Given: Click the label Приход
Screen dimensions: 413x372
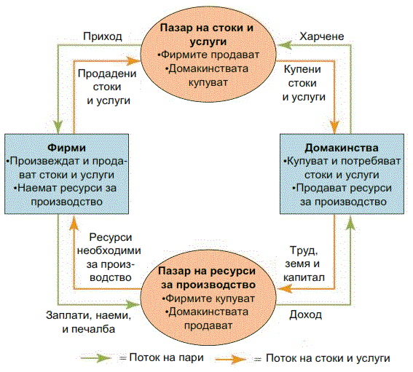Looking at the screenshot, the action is pos(103,37).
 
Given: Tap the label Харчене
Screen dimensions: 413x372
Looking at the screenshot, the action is pos(322,36).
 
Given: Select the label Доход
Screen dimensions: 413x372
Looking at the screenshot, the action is pos(305,315).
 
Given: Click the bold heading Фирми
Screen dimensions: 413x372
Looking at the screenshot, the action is pos(66,148).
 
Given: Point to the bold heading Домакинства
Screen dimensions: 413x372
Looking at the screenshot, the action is pos(342,148).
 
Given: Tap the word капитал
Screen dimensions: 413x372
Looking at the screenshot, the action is pos(304,277).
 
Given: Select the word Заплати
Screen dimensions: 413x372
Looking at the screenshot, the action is pos(68,315).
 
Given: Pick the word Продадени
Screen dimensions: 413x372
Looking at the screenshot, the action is pos(107,74).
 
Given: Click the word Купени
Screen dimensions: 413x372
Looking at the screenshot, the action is pos(302,69).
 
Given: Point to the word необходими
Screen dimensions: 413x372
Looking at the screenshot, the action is pos(109,250).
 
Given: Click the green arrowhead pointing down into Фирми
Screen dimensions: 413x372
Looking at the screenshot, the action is pos(58,127).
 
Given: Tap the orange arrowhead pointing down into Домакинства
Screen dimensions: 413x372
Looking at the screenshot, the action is pos(335,127).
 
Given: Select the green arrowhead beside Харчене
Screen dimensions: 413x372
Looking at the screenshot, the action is pos(285,45).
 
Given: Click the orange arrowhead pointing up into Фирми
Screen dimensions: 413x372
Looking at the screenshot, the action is pos(74,223).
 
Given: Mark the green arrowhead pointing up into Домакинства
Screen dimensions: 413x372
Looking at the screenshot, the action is pos(350,223).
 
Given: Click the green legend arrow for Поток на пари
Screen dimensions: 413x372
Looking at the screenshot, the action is pos(96,358).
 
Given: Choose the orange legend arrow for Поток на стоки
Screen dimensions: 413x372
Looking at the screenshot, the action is pos(231,359).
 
